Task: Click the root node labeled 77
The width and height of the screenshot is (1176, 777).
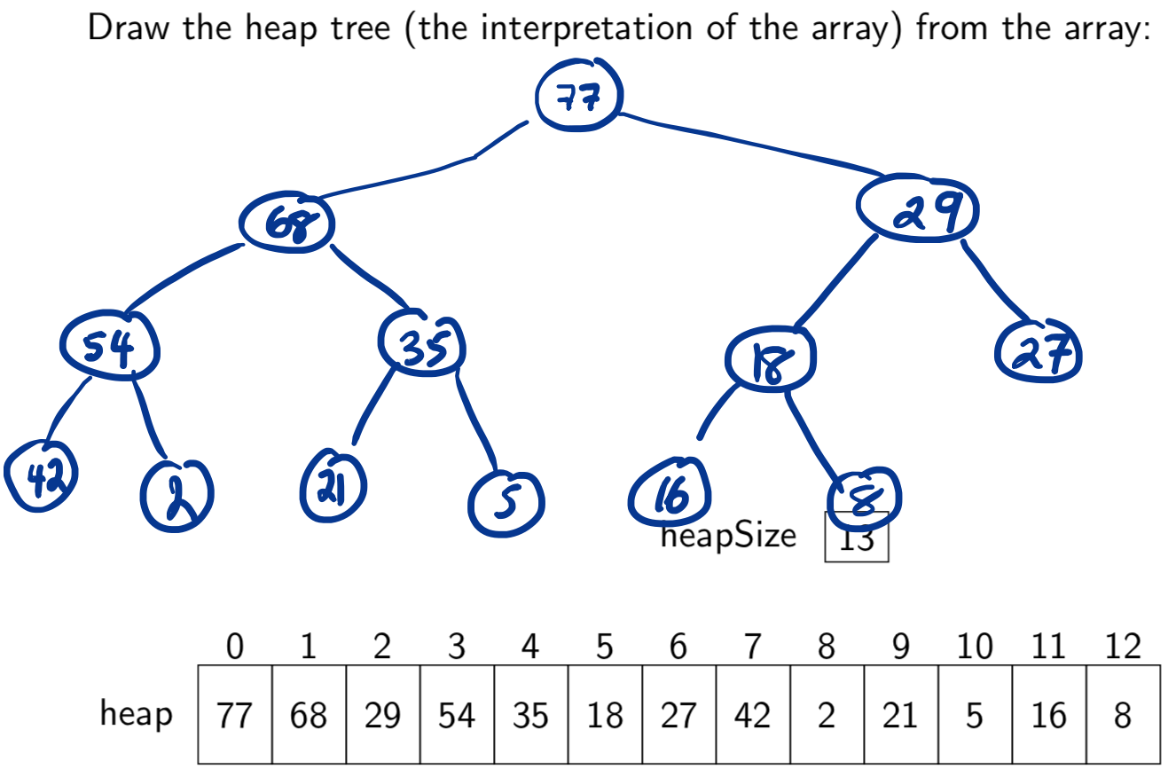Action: [x=579, y=97]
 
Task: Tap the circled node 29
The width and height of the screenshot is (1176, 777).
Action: [x=916, y=208]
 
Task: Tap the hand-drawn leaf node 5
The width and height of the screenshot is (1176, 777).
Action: [x=506, y=503]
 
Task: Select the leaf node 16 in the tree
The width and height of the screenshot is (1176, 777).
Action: [x=670, y=494]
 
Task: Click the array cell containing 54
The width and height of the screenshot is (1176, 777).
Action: [x=457, y=715]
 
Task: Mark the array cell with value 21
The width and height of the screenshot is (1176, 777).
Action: [x=900, y=715]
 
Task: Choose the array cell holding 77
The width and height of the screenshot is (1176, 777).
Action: [x=234, y=715]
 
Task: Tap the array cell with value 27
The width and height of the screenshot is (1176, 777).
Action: [x=678, y=715]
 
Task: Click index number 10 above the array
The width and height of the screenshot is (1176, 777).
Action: [x=974, y=647]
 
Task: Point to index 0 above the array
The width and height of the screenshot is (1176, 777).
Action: [x=234, y=647]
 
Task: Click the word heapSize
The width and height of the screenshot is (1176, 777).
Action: [x=728, y=537]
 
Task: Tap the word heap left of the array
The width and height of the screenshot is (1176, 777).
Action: [x=136, y=714]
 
